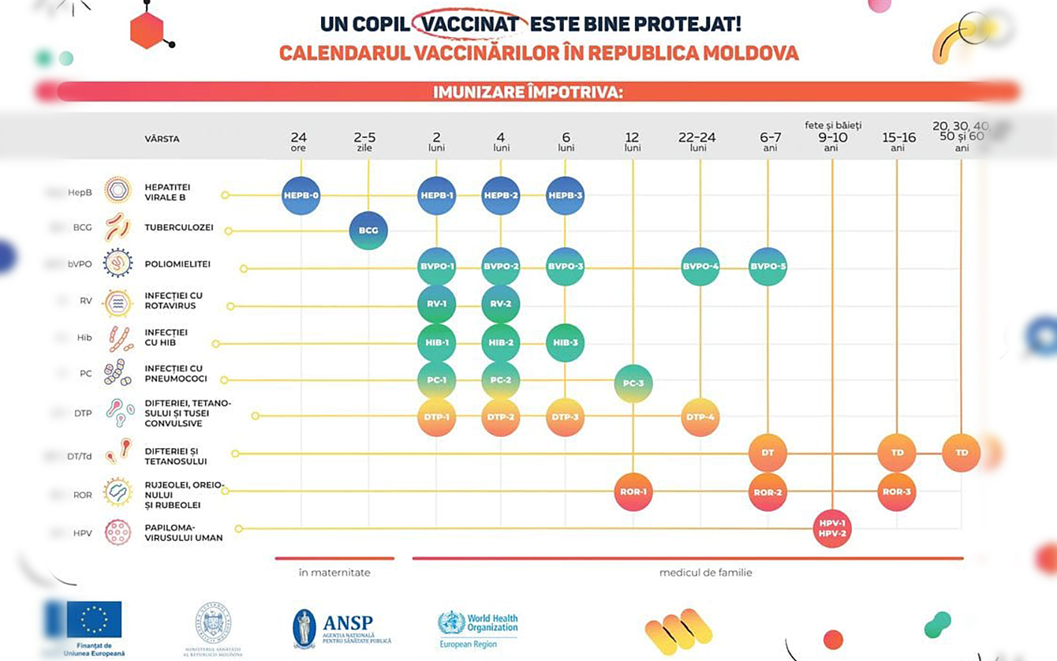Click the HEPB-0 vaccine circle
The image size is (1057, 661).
[x=301, y=196]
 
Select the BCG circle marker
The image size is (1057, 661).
[x=368, y=231]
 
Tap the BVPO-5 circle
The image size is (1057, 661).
[x=768, y=267]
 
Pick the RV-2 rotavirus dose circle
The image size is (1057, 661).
[x=501, y=304]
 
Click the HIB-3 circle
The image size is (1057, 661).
[x=566, y=343]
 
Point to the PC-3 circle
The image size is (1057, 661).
[x=633, y=383]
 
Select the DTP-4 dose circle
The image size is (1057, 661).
[x=700, y=417]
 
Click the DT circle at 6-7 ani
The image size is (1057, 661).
[x=768, y=453]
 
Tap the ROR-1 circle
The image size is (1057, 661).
[x=633, y=491]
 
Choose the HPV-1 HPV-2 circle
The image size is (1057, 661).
[x=832, y=528]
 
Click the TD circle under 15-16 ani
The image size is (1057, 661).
[x=897, y=453]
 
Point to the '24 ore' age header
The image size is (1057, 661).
[x=298, y=141]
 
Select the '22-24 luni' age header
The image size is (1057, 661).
[x=697, y=141]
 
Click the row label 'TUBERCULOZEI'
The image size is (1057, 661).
[x=179, y=228]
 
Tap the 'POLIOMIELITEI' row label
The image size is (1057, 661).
[x=177, y=264]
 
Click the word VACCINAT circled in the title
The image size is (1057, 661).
[x=470, y=24]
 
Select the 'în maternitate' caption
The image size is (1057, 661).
[x=334, y=573]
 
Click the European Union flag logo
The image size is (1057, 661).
[x=94, y=619]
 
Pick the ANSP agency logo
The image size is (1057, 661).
[x=342, y=628]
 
